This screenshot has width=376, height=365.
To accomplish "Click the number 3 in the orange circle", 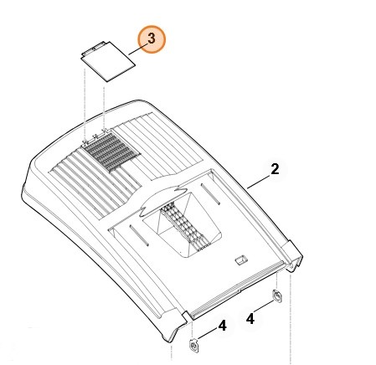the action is (x=152, y=39).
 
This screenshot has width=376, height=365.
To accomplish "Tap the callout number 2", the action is (x=275, y=169).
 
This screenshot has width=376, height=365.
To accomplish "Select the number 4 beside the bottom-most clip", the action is (x=223, y=326).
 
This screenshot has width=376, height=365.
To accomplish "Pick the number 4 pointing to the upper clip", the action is (x=250, y=319).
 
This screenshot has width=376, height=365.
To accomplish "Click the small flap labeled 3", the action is (x=107, y=61).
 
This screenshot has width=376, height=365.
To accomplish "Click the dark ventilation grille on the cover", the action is (x=111, y=152).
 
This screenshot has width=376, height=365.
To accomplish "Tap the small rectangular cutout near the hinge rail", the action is (x=241, y=260).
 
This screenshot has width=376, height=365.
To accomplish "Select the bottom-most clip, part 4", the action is (x=194, y=346).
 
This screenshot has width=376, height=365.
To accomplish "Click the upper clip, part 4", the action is (x=276, y=296).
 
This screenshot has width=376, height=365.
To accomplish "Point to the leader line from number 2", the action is (x=259, y=182).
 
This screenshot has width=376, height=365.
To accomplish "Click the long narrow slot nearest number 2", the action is (x=211, y=194).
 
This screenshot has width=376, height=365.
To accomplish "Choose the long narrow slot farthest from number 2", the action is (x=139, y=235).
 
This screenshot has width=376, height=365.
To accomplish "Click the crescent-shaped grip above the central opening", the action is (x=163, y=198).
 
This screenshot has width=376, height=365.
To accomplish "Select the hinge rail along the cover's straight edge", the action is (x=238, y=290).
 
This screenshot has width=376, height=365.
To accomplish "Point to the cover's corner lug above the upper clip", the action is (x=292, y=256).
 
